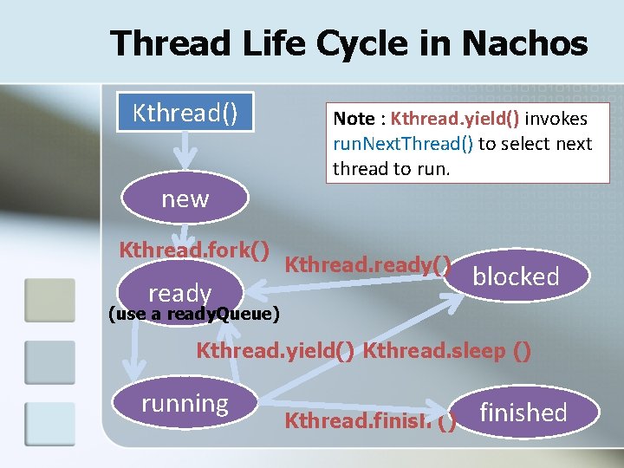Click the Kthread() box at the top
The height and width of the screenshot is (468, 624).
point(185,112)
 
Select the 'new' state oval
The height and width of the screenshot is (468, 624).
point(185,198)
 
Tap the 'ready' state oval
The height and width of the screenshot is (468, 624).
point(179,292)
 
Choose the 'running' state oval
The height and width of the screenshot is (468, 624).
point(185,403)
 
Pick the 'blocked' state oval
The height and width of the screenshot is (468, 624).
point(516,276)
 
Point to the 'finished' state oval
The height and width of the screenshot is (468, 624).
point(523,413)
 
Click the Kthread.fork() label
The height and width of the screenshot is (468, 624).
point(192,250)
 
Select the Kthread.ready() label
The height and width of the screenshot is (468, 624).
point(368,261)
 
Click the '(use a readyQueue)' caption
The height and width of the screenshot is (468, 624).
point(192,314)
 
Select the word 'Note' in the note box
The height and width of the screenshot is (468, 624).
point(354,119)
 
